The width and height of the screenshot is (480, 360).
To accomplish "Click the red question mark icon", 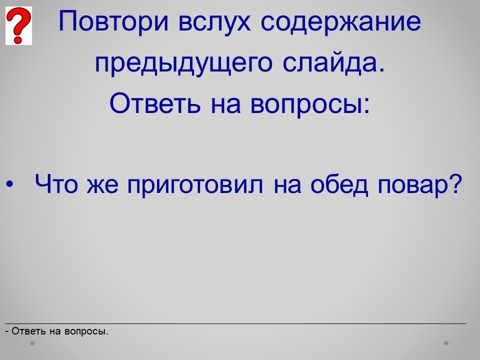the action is point(18,25).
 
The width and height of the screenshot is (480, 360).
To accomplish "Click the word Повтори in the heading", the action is point(113,22).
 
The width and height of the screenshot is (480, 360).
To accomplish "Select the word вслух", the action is point(214,22).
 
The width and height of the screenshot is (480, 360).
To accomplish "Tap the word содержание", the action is point(341,22).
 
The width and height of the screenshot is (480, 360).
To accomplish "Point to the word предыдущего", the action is point(183,63).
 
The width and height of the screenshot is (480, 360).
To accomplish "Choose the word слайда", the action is point(333,62).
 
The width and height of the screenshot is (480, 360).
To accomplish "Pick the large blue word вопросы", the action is point(306,105).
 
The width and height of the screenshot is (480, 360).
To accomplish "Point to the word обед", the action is point(339,184).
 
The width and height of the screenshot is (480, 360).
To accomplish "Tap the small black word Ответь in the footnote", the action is point(29,331).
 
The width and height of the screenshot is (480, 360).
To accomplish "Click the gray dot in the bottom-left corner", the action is point(32,343).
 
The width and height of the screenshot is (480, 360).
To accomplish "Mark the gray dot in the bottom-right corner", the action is point(446,343).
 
